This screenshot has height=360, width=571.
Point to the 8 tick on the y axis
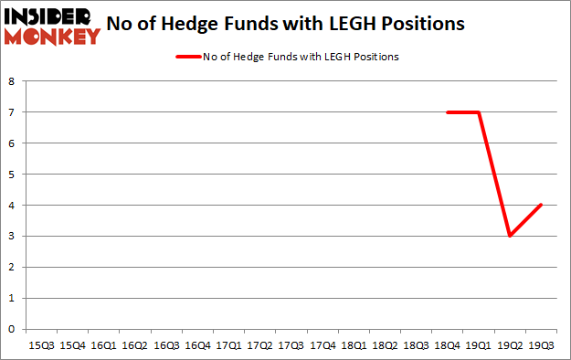[x=12, y=81]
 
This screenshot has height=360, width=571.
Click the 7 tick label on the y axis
[x=12, y=112]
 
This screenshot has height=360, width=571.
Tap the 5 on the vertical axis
[x=12, y=175]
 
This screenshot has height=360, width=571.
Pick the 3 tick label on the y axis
[x=12, y=237]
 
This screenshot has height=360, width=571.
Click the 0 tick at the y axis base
[x=12, y=329]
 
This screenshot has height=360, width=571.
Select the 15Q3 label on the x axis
[x=42, y=345]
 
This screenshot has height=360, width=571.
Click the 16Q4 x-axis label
[x=196, y=345]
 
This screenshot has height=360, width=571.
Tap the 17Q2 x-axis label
[x=259, y=345]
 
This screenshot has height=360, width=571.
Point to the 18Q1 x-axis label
[x=353, y=345]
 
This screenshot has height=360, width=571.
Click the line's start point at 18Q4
[x=447, y=112]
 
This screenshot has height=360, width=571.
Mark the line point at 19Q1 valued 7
[x=478, y=112]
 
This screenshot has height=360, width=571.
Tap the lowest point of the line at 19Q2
[x=509, y=236]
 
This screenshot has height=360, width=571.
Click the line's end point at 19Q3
[x=540, y=205]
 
